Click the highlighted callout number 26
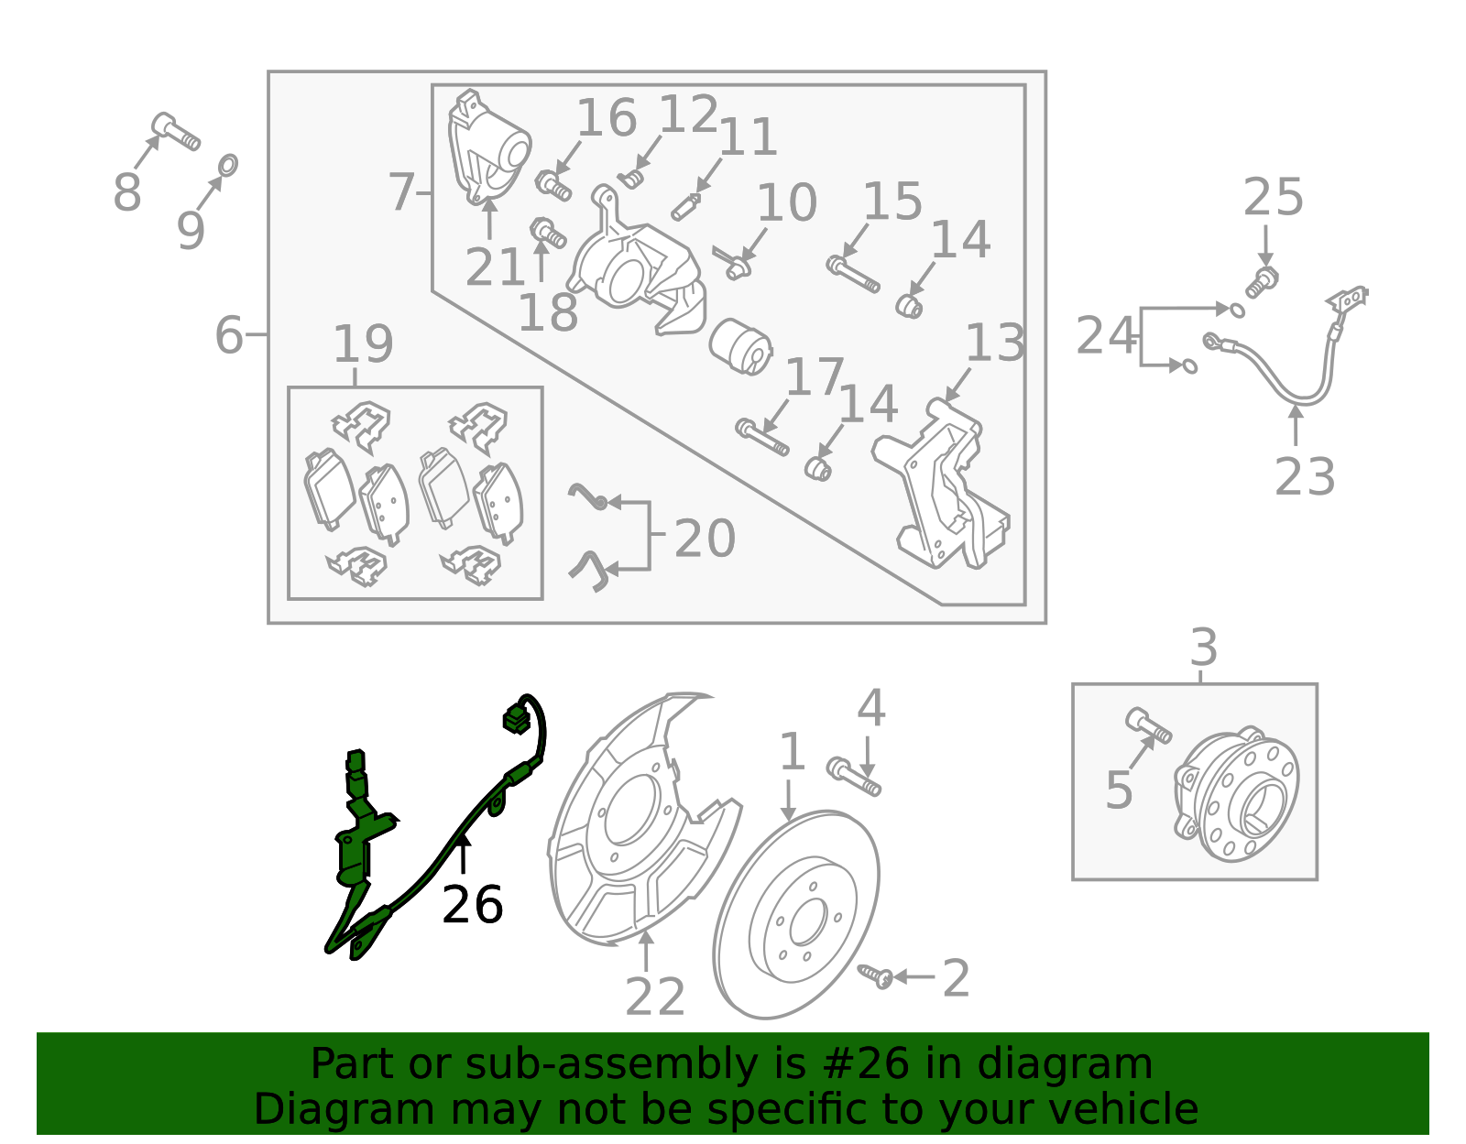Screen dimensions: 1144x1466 472,905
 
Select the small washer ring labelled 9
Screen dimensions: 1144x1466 228,165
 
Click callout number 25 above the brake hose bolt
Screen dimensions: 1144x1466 1273,198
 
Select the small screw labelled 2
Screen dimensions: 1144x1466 875,975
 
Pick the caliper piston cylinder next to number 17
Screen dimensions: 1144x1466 740,346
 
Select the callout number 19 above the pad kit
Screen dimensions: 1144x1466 363,344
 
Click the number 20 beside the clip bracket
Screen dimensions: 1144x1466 704,539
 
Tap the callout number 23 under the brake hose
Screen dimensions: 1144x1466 1304,476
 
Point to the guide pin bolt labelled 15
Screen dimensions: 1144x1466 852,274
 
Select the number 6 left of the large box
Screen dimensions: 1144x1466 229,335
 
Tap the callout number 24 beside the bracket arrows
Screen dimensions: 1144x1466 1106,336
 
